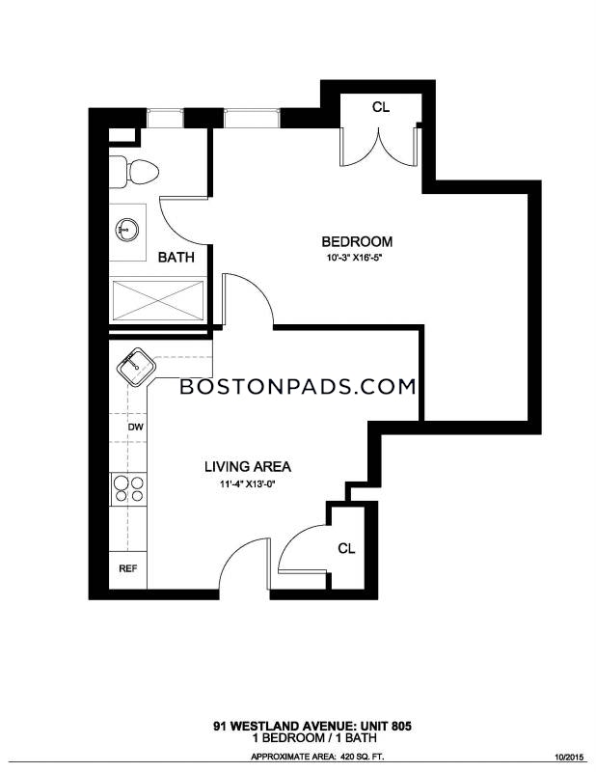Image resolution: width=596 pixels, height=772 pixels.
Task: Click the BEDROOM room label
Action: (x=357, y=242)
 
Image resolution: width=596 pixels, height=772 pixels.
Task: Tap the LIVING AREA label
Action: (x=248, y=466)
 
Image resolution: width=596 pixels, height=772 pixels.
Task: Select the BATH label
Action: (x=176, y=257)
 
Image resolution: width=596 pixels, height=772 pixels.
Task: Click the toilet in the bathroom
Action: (x=133, y=172)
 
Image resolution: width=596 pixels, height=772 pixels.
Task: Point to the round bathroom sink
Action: (x=127, y=230)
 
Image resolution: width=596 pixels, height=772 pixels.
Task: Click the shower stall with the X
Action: (x=158, y=301)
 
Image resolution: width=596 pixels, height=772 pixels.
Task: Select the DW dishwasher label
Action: (x=135, y=427)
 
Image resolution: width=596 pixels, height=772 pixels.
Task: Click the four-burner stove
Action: (x=128, y=489)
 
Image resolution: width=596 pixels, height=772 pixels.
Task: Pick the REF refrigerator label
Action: (x=128, y=568)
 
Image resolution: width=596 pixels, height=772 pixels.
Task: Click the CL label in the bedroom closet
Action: (x=380, y=107)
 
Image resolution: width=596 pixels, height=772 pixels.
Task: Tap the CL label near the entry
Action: (x=346, y=548)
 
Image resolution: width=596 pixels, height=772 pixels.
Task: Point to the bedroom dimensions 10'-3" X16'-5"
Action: (x=354, y=258)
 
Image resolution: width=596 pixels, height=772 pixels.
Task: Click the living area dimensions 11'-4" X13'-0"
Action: (x=247, y=484)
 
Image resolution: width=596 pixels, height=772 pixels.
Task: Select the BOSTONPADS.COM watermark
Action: (x=298, y=387)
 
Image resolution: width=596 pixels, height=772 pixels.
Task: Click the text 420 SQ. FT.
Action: (x=364, y=757)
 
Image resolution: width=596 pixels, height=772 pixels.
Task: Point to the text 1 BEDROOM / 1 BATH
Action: (x=314, y=737)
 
